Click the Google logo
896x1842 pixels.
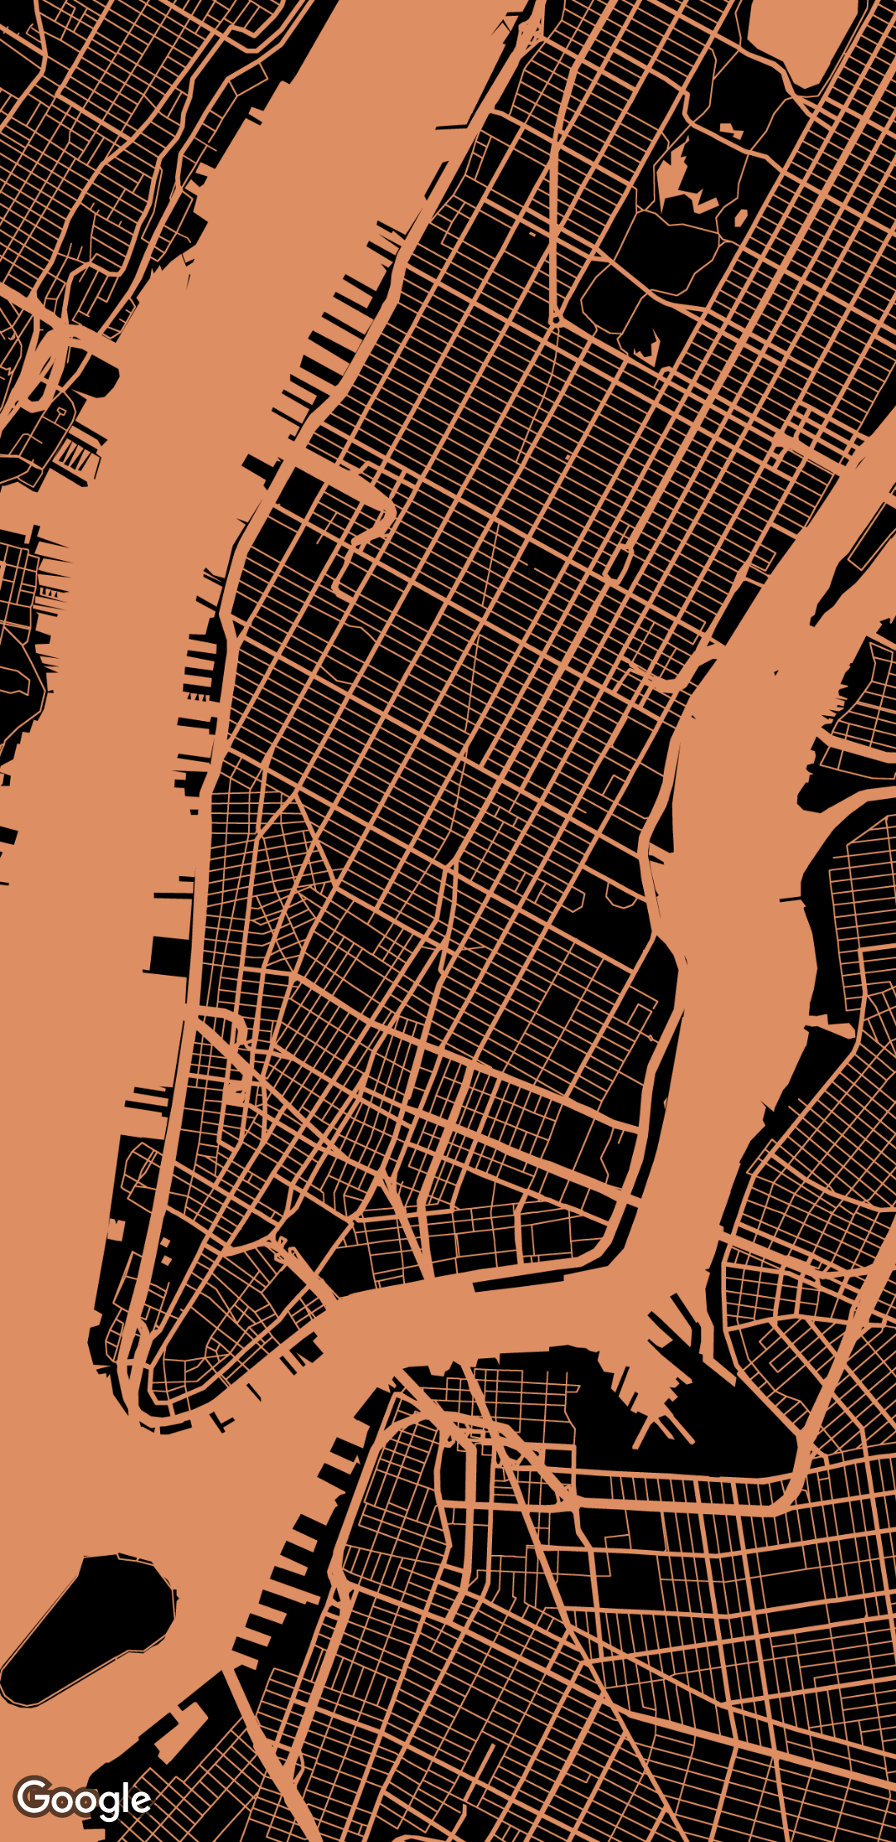[83, 1800]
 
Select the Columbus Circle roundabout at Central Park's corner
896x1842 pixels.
[554, 319]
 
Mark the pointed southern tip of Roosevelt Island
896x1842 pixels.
[817, 618]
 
